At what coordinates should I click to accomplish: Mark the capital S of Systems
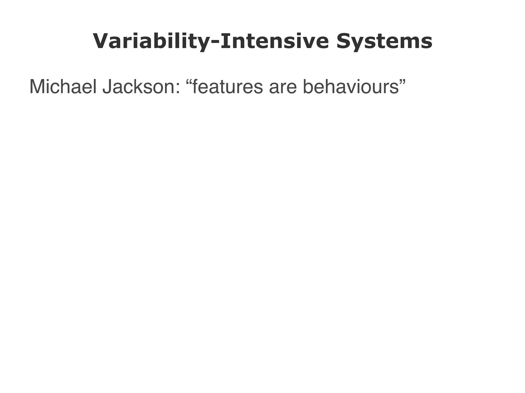[x=344, y=41]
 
